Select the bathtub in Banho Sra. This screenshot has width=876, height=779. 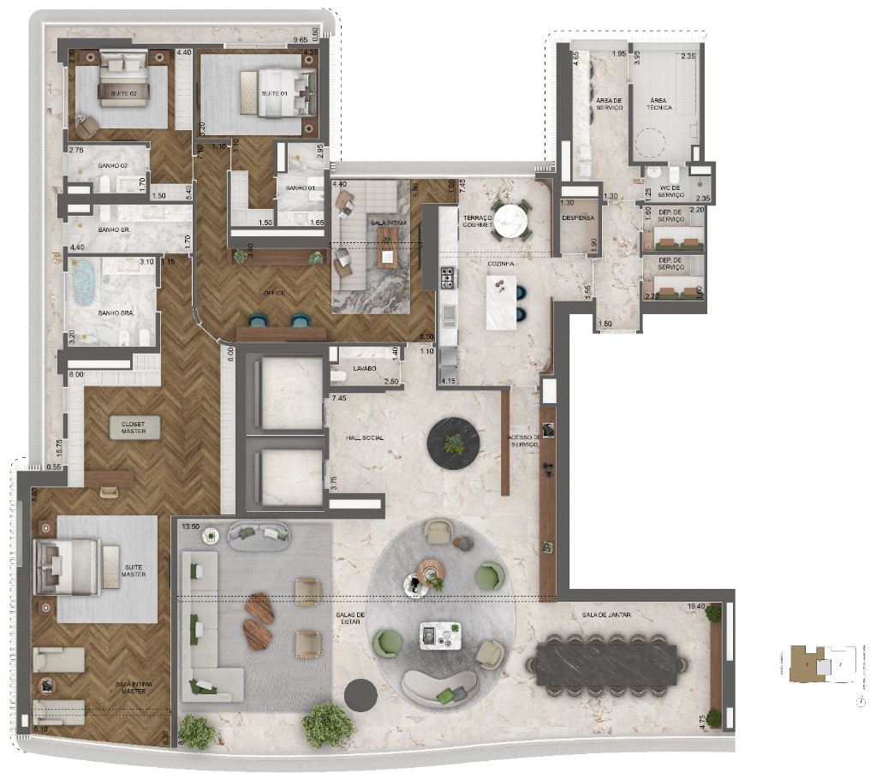tap(85, 282)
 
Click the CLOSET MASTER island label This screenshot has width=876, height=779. tap(133, 427)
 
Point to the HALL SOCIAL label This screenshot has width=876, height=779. tap(366, 437)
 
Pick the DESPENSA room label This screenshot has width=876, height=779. tap(578, 217)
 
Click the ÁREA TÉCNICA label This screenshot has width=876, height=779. tap(660, 104)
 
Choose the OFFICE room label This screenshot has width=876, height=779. tap(274, 293)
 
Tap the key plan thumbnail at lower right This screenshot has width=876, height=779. tap(821, 664)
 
